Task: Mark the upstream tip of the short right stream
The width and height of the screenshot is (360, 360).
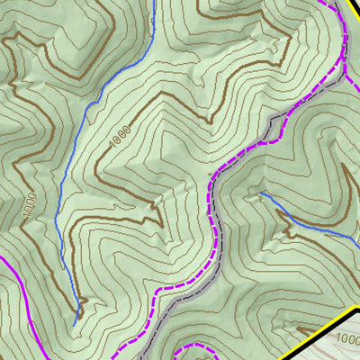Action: pos(261,193)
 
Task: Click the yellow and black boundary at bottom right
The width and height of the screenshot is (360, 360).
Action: pos(324,328)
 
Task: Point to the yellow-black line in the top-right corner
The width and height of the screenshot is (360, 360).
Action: pos(351,11)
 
